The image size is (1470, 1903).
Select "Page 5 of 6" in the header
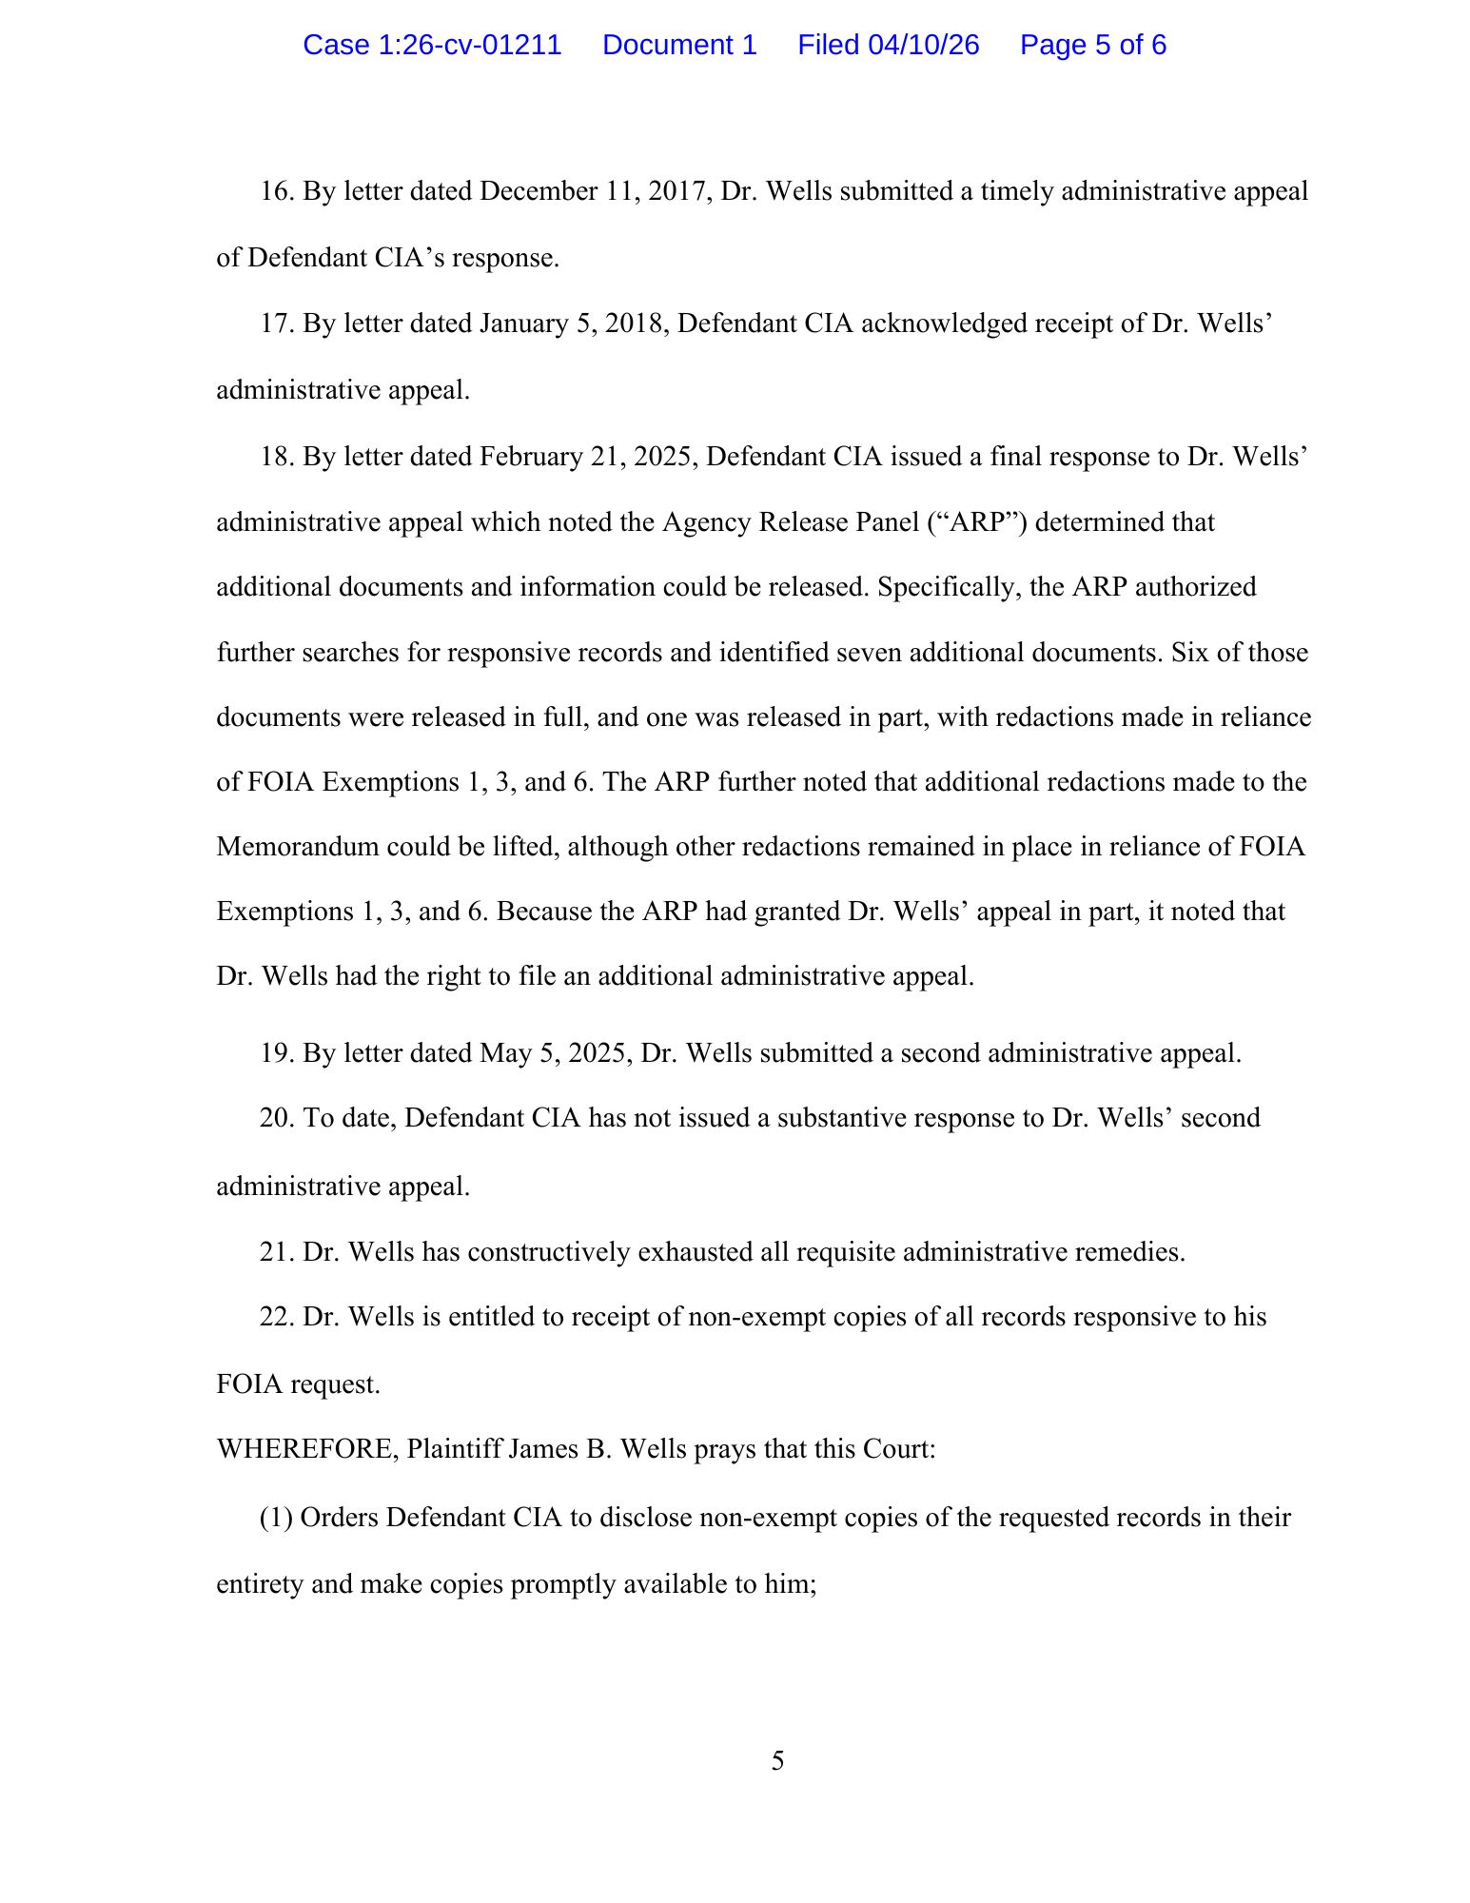(1092, 45)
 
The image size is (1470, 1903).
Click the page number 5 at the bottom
(777, 1761)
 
